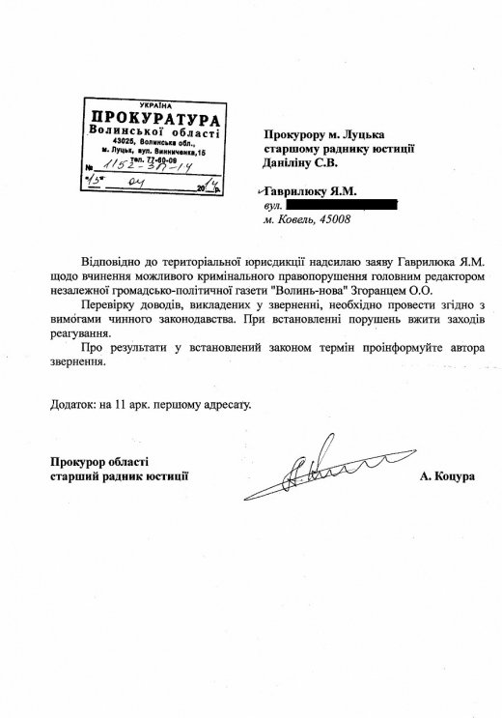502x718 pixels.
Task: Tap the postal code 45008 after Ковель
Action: pos(332,220)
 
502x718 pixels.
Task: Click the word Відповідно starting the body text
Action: pos(117,260)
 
